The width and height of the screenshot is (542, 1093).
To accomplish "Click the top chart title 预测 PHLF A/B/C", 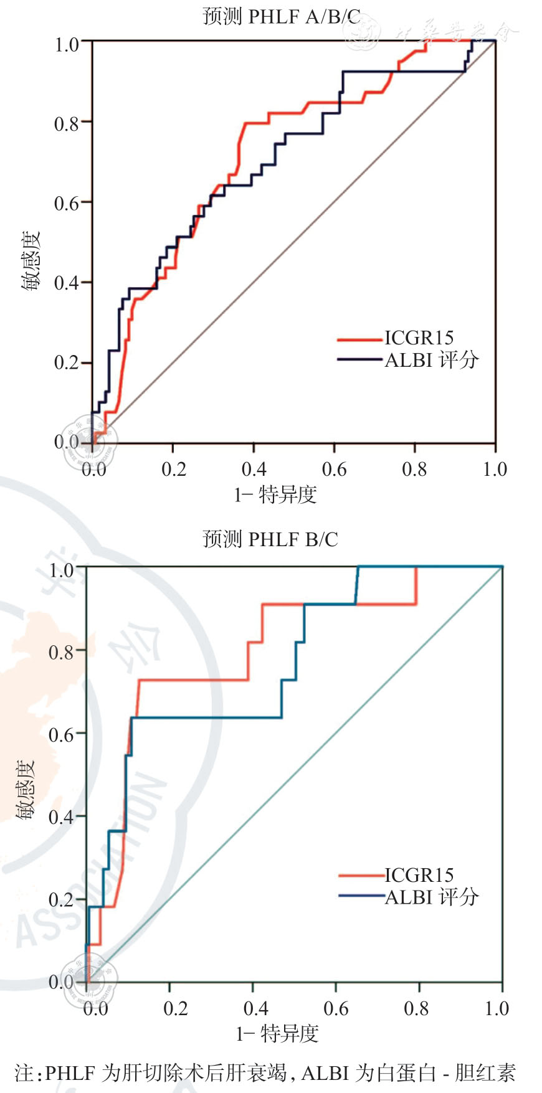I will (282, 17).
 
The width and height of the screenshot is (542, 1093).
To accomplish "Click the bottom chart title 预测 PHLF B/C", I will (270, 539).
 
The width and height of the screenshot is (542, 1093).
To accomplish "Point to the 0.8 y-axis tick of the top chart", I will (67, 123).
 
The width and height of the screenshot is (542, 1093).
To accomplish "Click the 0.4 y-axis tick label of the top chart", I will (67, 283).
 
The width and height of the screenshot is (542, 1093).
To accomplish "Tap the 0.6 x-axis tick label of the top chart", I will (334, 469).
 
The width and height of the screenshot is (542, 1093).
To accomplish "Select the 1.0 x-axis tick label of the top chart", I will (495, 469).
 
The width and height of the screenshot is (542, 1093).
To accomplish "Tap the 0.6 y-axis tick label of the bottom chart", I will (61, 734).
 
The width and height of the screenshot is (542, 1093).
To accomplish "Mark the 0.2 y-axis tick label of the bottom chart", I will (61, 899).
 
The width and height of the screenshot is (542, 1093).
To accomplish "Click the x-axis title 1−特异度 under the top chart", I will (275, 495).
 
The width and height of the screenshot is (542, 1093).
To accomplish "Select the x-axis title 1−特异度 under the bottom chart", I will (277, 1034).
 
